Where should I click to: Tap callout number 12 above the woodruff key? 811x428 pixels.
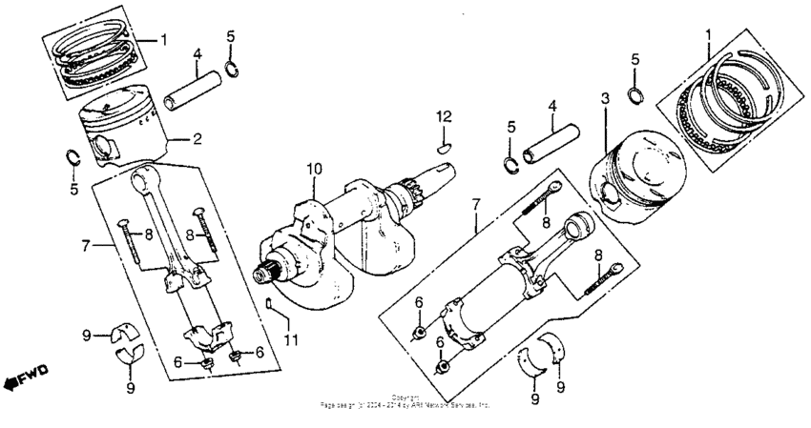click(x=442, y=116)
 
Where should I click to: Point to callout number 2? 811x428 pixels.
click(x=197, y=138)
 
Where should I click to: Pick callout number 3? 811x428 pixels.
click(x=605, y=97)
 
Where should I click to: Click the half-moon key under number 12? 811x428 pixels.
click(x=444, y=147)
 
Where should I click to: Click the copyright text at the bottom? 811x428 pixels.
click(x=405, y=401)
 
